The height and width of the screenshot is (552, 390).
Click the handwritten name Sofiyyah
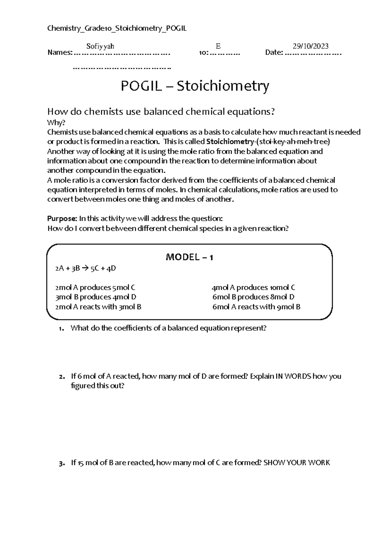click(100, 46)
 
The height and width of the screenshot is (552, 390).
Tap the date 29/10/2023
click(310, 46)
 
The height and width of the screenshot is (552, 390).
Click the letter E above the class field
click(218, 46)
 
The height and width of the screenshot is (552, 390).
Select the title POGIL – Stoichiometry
click(195, 86)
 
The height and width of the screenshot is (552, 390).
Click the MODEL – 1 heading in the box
click(189, 257)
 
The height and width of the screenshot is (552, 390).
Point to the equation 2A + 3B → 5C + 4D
click(85, 269)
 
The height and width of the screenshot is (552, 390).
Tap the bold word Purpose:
click(62, 218)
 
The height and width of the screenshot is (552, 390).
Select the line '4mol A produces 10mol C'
click(253, 287)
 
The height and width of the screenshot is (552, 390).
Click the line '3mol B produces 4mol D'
click(96, 297)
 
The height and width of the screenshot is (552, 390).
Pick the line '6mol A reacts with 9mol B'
click(256, 307)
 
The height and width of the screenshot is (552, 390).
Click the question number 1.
click(61, 328)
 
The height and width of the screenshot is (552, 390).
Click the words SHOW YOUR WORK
click(296, 463)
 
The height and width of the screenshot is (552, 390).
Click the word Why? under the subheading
click(56, 123)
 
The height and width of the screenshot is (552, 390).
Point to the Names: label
click(60, 53)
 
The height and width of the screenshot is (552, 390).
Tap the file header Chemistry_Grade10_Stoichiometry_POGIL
click(117, 29)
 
